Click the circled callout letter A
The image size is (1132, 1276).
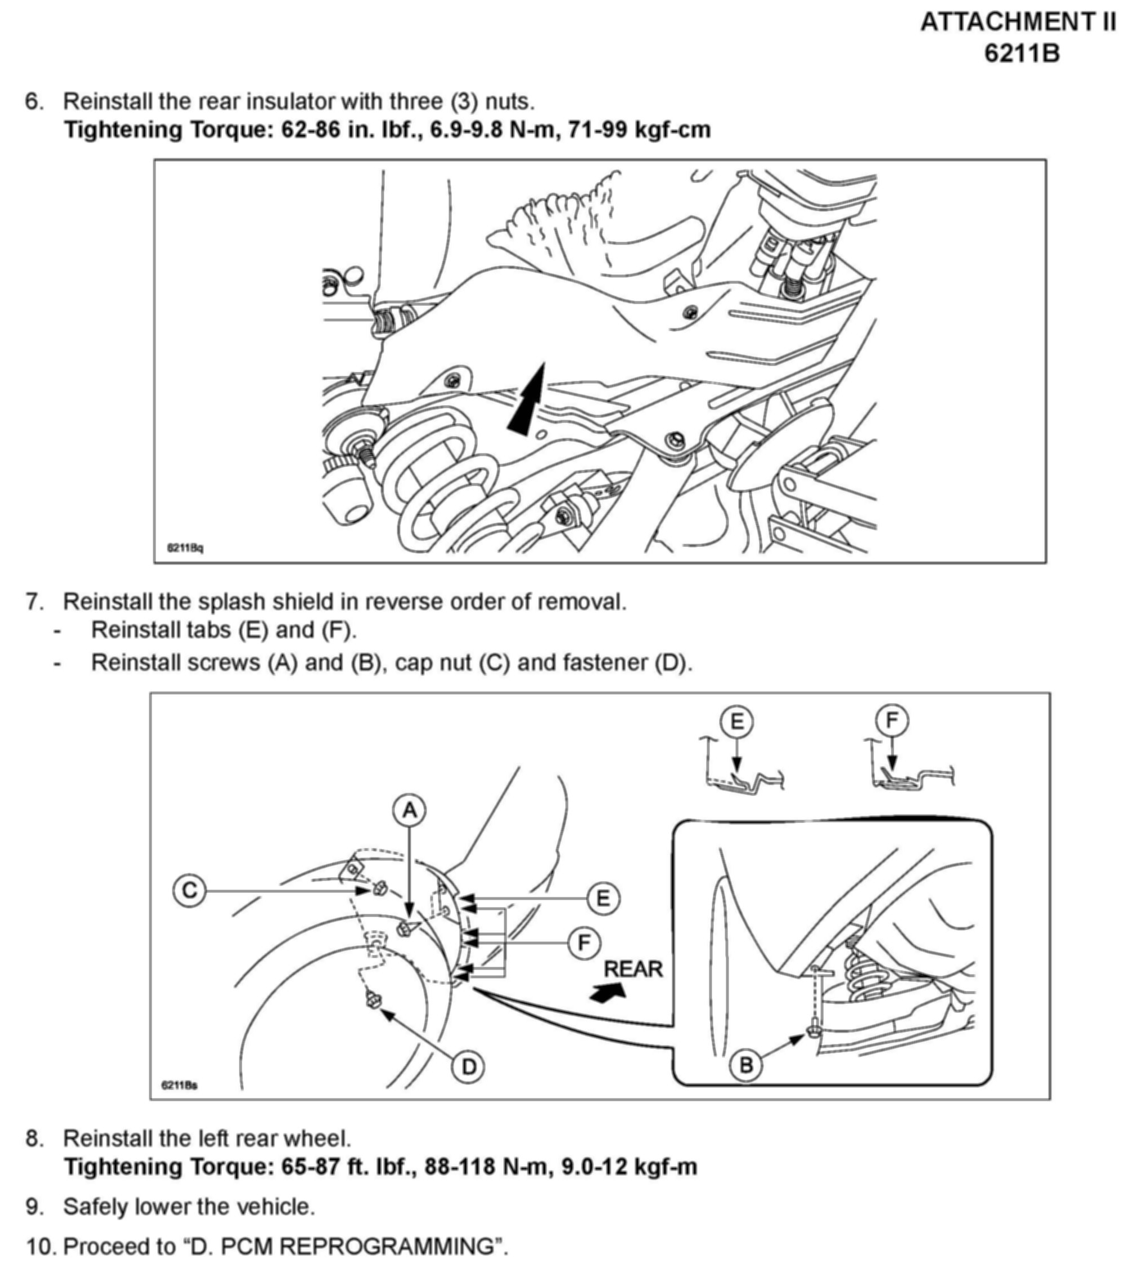pos(409,810)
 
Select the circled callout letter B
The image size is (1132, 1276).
pos(746,1065)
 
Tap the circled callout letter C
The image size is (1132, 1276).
pos(189,890)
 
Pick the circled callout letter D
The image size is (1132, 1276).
pos(468,1067)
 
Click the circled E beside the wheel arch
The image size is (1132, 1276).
pos(602,899)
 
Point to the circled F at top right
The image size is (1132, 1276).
pos(891,721)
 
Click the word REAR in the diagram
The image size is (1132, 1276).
pos(633,970)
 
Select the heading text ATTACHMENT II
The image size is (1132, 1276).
pos(1018,23)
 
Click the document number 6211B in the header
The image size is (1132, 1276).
pos(1022,54)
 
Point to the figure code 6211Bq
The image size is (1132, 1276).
pos(185,548)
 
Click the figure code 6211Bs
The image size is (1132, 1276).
pos(179,1086)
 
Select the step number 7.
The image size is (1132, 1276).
pos(34,602)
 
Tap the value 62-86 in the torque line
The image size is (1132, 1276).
pos(310,130)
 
